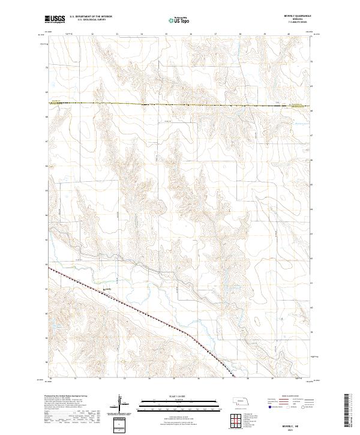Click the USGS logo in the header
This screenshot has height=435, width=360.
[55, 20]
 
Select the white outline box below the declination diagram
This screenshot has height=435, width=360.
[121, 425]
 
